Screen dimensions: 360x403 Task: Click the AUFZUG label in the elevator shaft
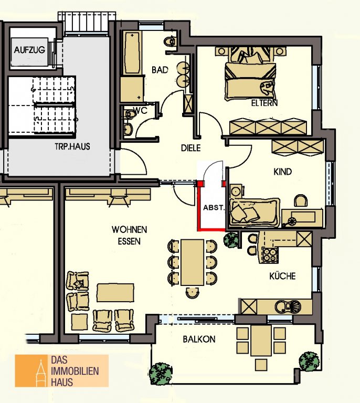[x=29, y=50]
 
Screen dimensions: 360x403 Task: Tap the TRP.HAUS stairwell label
[x=72, y=146]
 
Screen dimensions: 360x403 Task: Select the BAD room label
[x=160, y=70]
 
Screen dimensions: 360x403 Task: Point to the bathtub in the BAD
[x=132, y=52]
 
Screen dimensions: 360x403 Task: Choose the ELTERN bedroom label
[x=264, y=103]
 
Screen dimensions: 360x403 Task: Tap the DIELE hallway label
[x=190, y=148]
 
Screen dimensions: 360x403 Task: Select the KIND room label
[x=282, y=172]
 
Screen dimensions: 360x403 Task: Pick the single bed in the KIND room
[x=254, y=212]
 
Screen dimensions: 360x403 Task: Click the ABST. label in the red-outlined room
[x=214, y=207]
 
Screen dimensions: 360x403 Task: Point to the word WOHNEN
[x=129, y=229]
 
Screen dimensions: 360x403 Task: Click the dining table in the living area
[x=192, y=262]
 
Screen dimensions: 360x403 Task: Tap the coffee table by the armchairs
[x=115, y=292]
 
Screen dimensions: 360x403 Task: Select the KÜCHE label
[x=282, y=276]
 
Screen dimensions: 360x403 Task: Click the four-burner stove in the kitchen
[x=270, y=255]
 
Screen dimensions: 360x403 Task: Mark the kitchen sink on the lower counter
[x=288, y=306]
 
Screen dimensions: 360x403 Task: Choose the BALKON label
[x=199, y=340]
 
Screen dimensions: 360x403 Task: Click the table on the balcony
[x=261, y=340]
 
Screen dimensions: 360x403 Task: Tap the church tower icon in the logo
[x=41, y=373]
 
